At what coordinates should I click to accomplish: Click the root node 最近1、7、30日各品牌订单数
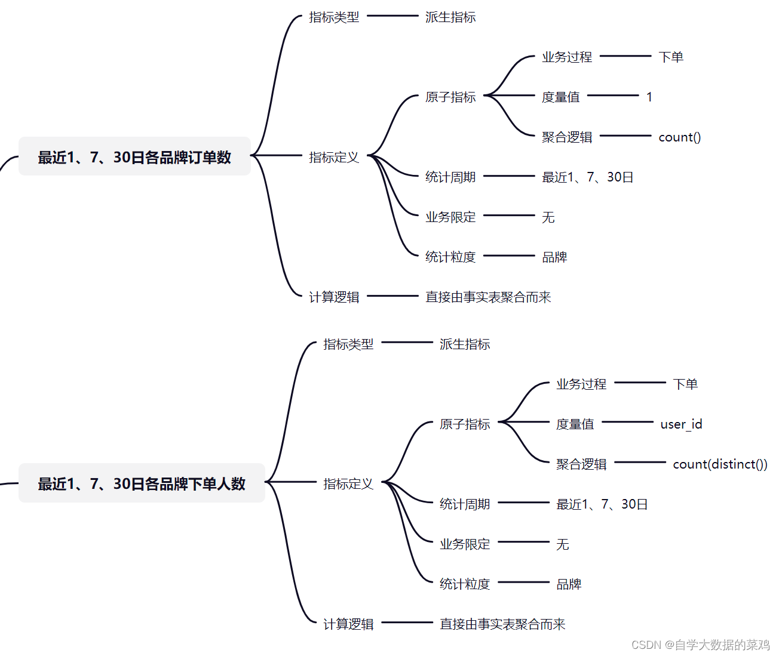tap(134, 156)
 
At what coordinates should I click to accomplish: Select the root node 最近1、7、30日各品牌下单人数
tap(142, 483)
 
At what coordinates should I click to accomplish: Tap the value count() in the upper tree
tap(679, 137)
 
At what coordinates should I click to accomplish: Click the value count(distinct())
tap(720, 464)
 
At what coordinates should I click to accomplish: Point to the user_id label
tap(681, 424)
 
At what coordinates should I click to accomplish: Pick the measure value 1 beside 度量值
tap(649, 97)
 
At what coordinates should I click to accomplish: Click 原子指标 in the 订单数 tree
tap(450, 97)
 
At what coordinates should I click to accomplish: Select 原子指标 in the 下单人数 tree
tap(465, 424)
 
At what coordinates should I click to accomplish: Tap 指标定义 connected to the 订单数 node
tap(334, 157)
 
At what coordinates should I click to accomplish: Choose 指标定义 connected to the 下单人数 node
tap(348, 483)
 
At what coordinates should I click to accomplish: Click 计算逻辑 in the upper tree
tap(334, 297)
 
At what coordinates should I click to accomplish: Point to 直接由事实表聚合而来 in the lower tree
tap(502, 624)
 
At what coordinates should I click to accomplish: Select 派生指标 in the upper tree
tap(450, 17)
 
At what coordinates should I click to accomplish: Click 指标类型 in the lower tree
tap(348, 344)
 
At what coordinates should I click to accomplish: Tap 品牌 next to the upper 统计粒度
tap(554, 257)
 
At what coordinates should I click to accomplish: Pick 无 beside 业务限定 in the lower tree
tap(563, 544)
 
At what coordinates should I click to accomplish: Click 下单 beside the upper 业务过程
tap(671, 57)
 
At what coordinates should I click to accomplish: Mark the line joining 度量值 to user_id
tap(627, 422)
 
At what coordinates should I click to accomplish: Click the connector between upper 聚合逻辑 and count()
tap(625, 135)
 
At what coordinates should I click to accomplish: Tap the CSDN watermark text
tap(700, 645)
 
